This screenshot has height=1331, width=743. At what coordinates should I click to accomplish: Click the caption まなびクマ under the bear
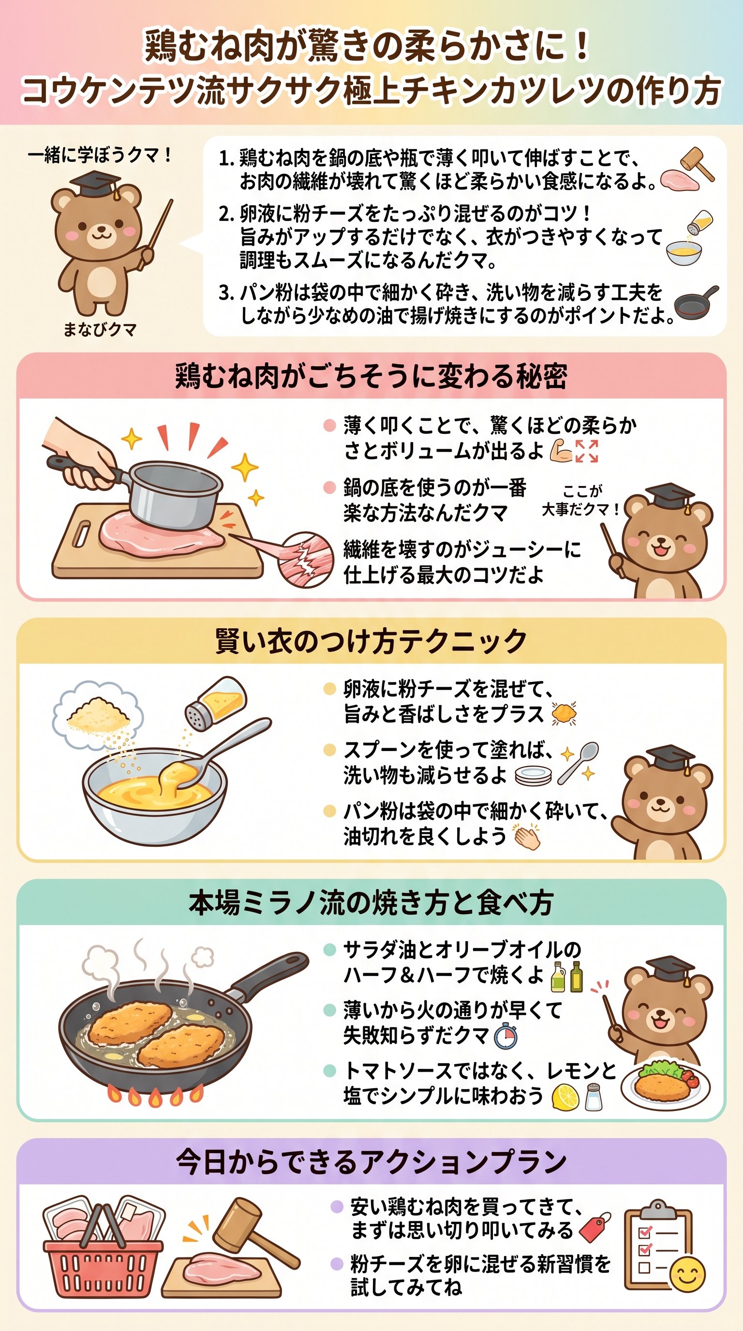[100, 329]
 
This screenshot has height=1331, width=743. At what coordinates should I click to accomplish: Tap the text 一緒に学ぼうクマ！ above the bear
[100, 154]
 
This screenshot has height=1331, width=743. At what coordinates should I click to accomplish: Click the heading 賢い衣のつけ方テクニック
[371, 641]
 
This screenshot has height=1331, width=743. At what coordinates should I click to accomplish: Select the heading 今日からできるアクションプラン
[371, 1163]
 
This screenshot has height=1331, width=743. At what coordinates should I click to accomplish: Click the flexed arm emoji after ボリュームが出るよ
[561, 451]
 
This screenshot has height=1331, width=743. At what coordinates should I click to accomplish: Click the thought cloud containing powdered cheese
[98, 713]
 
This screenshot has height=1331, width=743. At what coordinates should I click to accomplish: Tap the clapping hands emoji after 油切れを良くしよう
[526, 837]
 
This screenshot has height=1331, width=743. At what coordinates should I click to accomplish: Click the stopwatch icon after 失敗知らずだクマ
[505, 1036]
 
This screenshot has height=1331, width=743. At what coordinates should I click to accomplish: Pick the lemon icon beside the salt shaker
[565, 1096]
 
